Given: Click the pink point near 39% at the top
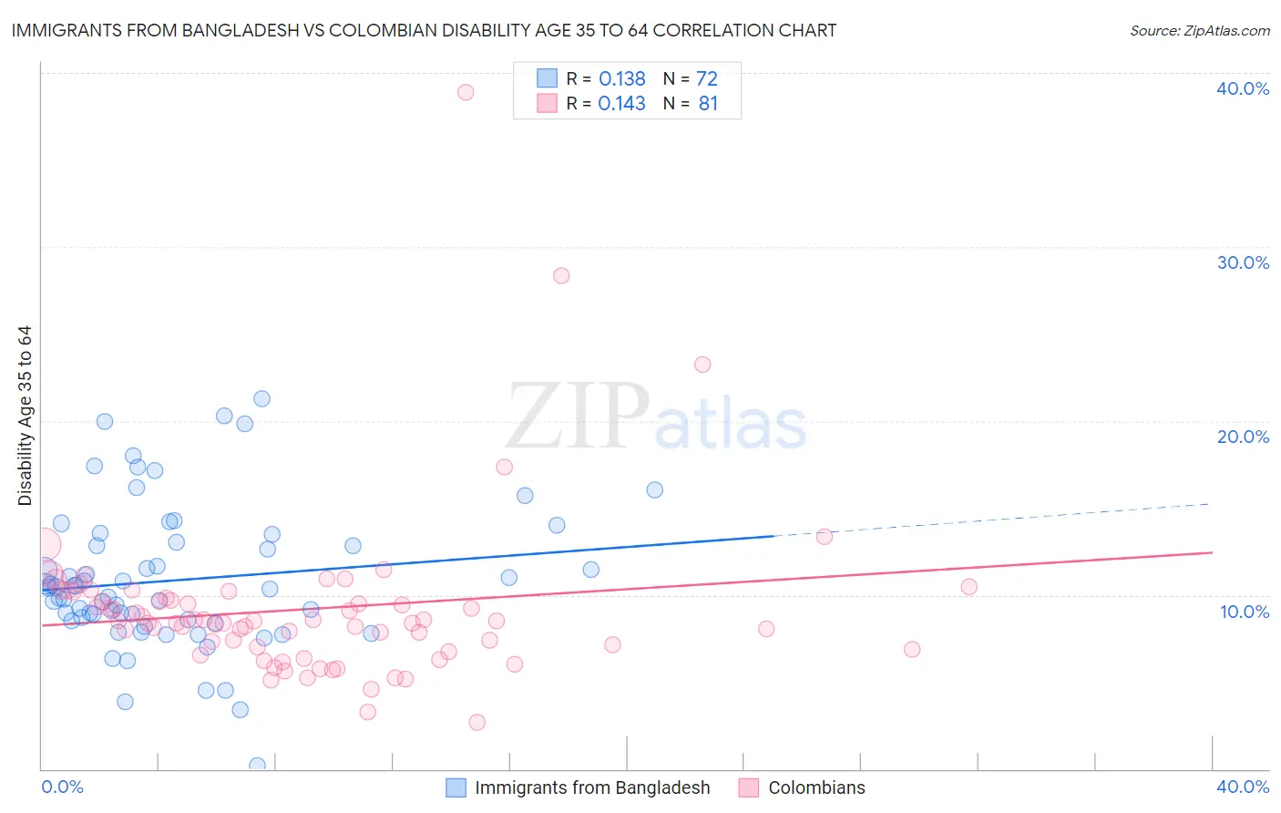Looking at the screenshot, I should coord(466,92).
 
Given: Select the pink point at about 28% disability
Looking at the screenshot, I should coord(561,275).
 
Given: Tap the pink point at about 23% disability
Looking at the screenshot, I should coord(702,365).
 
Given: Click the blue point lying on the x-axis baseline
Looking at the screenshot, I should coord(258,765).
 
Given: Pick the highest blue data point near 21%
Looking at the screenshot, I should coord(261,398).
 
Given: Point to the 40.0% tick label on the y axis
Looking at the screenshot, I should coord(1243,88).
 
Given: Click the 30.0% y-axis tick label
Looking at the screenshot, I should coord(1243,262).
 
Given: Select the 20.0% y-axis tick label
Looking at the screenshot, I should coord(1243,437).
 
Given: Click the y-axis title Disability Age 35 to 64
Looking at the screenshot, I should coord(26,416).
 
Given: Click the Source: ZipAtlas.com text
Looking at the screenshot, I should coord(1199,31).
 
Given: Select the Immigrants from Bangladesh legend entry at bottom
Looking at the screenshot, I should coord(592,788).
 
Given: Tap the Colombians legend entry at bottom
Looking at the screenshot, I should coord(816,788).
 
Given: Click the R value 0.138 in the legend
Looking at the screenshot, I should coord(622,79).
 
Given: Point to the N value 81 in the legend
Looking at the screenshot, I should coord(708,104).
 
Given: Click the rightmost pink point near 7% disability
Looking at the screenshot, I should coord(912,649).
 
